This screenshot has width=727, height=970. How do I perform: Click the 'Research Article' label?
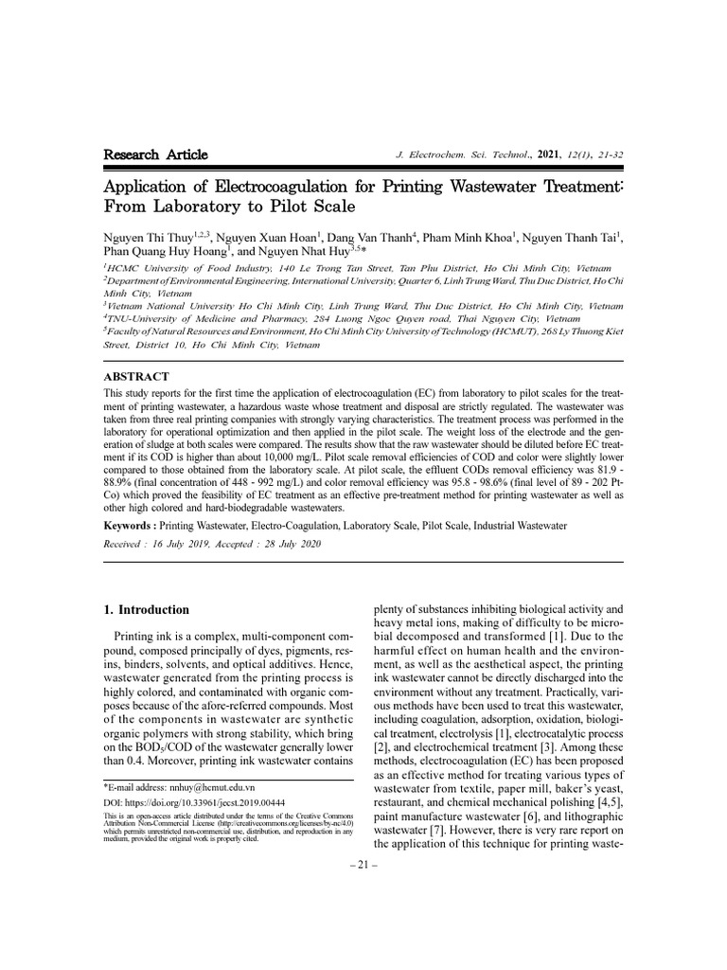(x=155, y=155)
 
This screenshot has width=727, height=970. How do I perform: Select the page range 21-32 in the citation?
(x=608, y=156)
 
